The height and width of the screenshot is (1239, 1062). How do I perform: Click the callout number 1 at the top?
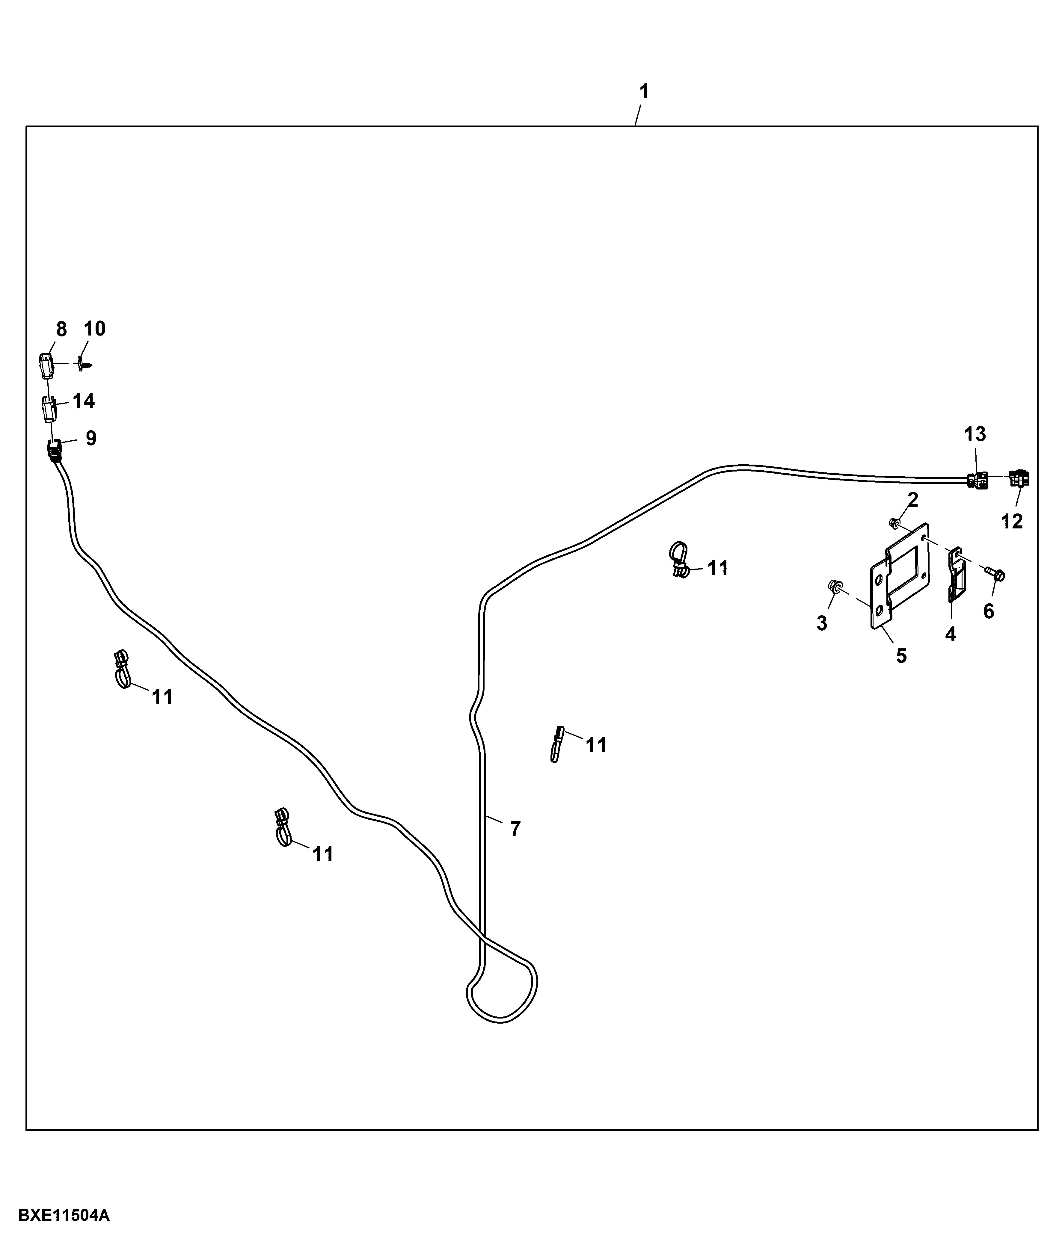point(644,91)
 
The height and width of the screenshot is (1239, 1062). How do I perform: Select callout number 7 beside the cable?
point(515,829)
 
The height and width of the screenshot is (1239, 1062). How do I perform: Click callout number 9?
point(91,438)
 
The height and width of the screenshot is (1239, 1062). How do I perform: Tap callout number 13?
point(974,434)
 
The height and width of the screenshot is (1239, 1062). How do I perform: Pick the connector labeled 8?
point(46,366)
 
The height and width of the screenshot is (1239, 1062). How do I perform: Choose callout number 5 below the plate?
point(901,656)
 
